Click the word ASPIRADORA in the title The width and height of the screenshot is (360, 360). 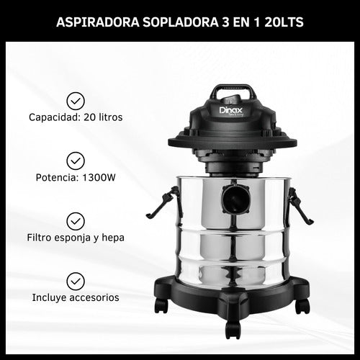pyautogui.click(x=92, y=22)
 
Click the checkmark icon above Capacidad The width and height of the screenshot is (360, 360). pyautogui.click(x=75, y=100)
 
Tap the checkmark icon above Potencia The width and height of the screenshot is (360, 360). pyautogui.click(x=75, y=160)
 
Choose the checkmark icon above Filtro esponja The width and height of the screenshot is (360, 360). pyautogui.click(x=75, y=220)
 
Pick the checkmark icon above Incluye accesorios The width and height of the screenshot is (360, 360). pyautogui.click(x=75, y=280)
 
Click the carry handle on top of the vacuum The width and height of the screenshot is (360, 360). pyautogui.click(x=232, y=92)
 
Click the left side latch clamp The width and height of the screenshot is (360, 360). pyautogui.click(x=164, y=202)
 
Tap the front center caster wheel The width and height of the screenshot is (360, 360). pyautogui.click(x=232, y=329)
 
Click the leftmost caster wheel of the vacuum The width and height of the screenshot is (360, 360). pyautogui.click(x=161, y=305)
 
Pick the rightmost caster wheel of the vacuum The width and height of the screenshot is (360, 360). pyautogui.click(x=302, y=305)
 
